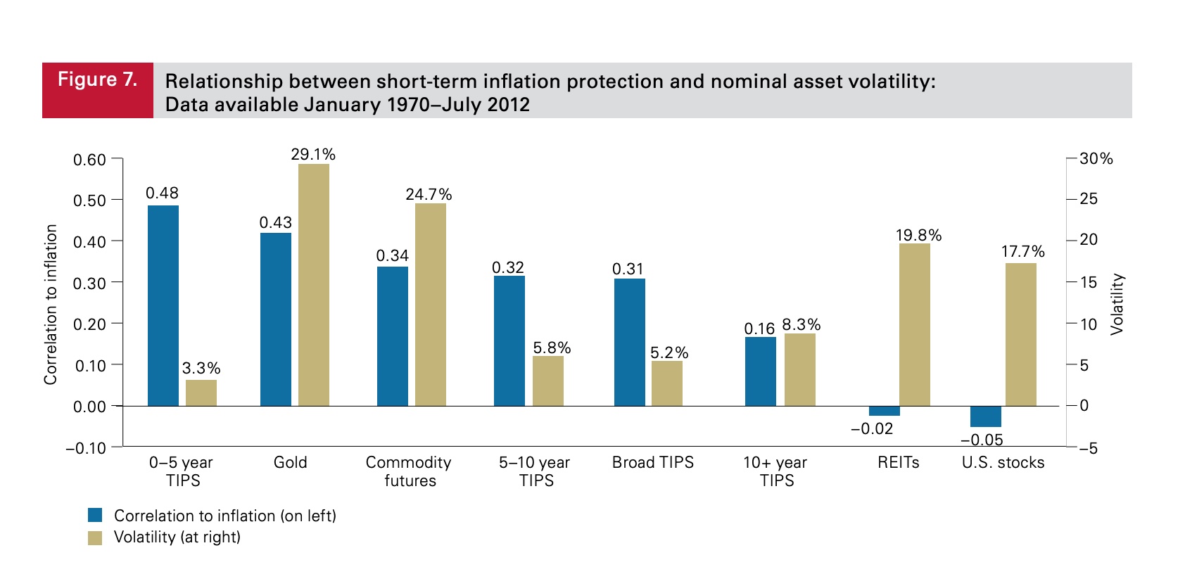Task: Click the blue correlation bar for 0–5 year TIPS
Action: [163, 306]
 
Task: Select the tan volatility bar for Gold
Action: [314, 285]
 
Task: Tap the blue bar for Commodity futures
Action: [392, 336]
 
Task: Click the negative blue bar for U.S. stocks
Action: [985, 416]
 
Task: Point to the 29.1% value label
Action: [313, 154]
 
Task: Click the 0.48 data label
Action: [162, 193]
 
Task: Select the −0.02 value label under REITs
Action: [872, 428]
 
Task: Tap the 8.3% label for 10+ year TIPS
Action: [801, 324]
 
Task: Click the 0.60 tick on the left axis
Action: [89, 160]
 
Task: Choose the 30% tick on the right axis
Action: [1096, 159]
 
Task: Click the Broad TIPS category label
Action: [652, 462]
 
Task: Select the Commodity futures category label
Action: [409, 471]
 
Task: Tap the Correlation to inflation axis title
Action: [50, 304]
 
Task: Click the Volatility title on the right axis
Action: [1117, 304]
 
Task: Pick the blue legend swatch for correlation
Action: [95, 516]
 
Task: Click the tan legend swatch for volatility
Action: [95, 537]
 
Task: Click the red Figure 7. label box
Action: [98, 90]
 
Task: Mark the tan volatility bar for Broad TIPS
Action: [666, 383]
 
